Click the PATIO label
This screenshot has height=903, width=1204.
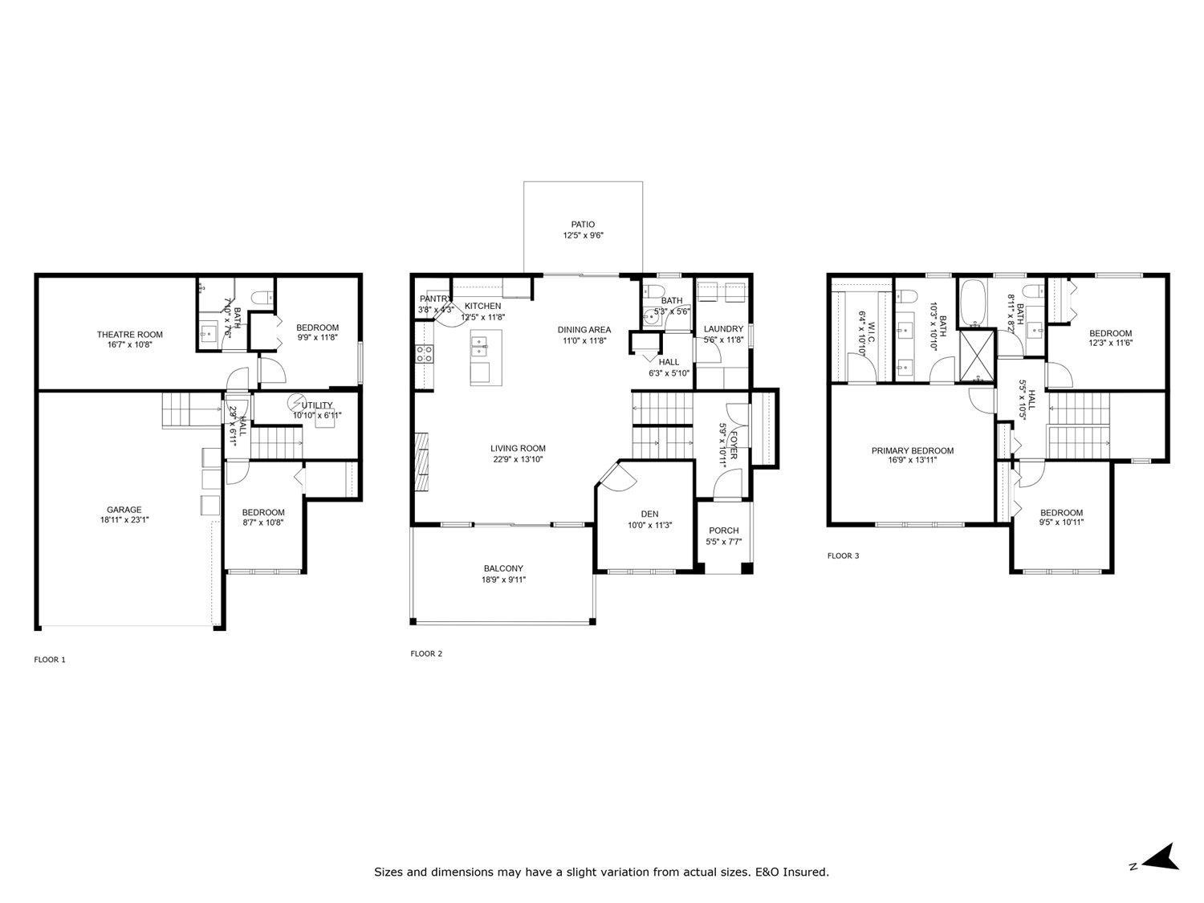[583, 225]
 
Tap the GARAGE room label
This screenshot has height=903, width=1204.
[124, 510]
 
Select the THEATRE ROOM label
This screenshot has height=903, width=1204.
[130, 335]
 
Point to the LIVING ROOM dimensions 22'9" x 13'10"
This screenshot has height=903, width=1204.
[518, 460]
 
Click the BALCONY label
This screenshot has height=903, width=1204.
[503, 568]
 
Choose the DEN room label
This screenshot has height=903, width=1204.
[649, 515]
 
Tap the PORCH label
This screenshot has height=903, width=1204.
[723, 531]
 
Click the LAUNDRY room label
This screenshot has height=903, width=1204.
[723, 329]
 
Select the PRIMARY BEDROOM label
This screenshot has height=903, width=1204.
[913, 451]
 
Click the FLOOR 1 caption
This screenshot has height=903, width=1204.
[50, 660]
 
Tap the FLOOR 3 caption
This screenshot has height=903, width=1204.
[844, 555]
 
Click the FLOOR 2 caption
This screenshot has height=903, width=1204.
[426, 653]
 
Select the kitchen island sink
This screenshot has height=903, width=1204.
[480, 348]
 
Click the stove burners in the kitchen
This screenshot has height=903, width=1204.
[424, 354]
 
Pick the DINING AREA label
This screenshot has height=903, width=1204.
[584, 329]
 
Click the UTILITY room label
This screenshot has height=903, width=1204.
[317, 405]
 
